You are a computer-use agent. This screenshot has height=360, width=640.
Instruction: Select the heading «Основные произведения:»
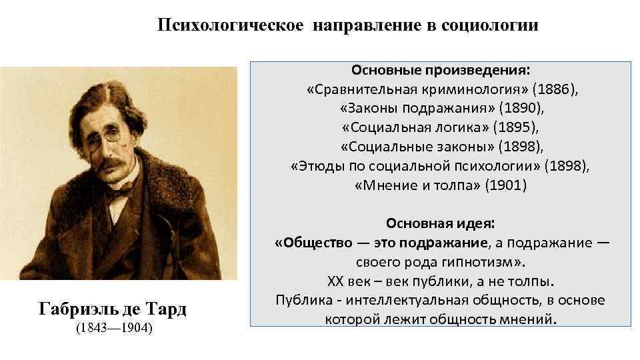[x=441, y=70]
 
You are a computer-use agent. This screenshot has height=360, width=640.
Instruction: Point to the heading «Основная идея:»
[x=441, y=223]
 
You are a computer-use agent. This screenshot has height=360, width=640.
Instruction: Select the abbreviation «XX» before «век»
[x=336, y=281]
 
